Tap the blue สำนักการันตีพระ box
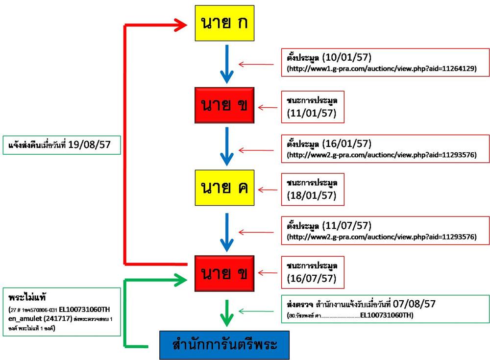224,345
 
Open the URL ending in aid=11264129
381,70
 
